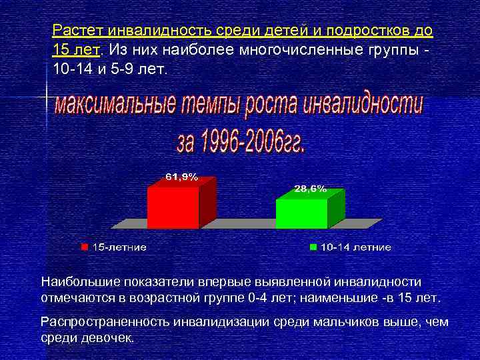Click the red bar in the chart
coord(173,207)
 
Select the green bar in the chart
coord(301,213)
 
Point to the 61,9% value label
coord(181,177)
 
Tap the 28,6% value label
coord(311,189)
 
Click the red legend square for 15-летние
coord(85,247)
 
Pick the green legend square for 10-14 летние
coord(313,247)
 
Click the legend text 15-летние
coord(119,247)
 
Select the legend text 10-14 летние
coord(355,247)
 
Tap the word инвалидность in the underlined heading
coord(157,31)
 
